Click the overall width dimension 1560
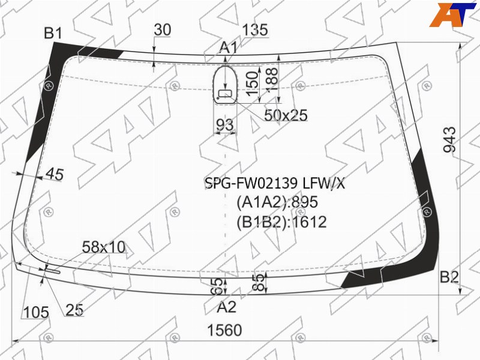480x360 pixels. click(224, 330)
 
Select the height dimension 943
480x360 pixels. click(449, 139)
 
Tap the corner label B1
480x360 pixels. click(53, 33)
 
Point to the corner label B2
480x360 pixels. click(449, 277)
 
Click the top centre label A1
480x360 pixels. click(229, 48)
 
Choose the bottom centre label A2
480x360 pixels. click(227, 307)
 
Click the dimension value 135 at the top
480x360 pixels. click(255, 30)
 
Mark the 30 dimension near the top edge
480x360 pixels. click(162, 29)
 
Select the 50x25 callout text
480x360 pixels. click(286, 115)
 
